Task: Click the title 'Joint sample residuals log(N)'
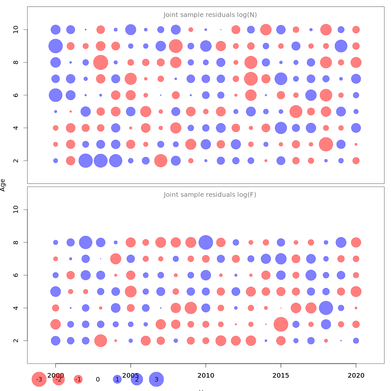tap(210, 15)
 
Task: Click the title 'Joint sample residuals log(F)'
tap(210, 195)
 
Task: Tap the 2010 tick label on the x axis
tap(206, 376)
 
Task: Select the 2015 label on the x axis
tap(281, 376)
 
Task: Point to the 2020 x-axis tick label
tap(356, 376)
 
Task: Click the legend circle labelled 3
tap(156, 379)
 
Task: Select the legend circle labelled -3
tap(39, 379)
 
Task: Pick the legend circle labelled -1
tap(78, 379)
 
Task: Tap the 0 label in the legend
tap(98, 379)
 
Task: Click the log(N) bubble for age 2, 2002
tap(86, 161)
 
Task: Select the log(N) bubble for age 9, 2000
tap(56, 46)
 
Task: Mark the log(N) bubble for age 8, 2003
tap(101, 62)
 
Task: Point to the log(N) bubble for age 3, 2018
tap(326, 144)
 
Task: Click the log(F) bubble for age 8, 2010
tap(206, 242)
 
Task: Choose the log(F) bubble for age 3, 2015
tap(281, 324)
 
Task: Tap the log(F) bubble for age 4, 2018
tap(326, 308)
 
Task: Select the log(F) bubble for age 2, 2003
tap(101, 340)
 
